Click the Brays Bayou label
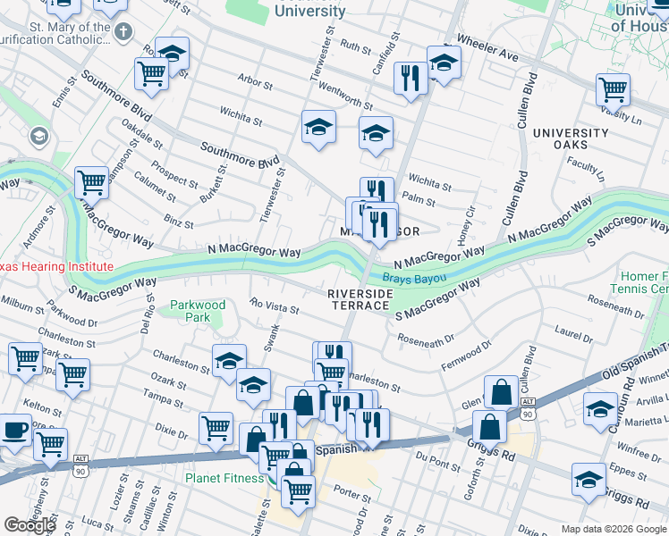(419, 278)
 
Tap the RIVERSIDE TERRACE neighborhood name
(359, 299)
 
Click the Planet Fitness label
(224, 478)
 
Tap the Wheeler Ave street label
(495, 56)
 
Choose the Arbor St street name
(255, 83)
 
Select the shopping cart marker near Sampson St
(91, 183)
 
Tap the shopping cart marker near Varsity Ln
(613, 89)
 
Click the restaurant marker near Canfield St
(411, 78)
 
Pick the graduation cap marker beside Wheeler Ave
(443, 63)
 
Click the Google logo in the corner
(30, 525)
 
